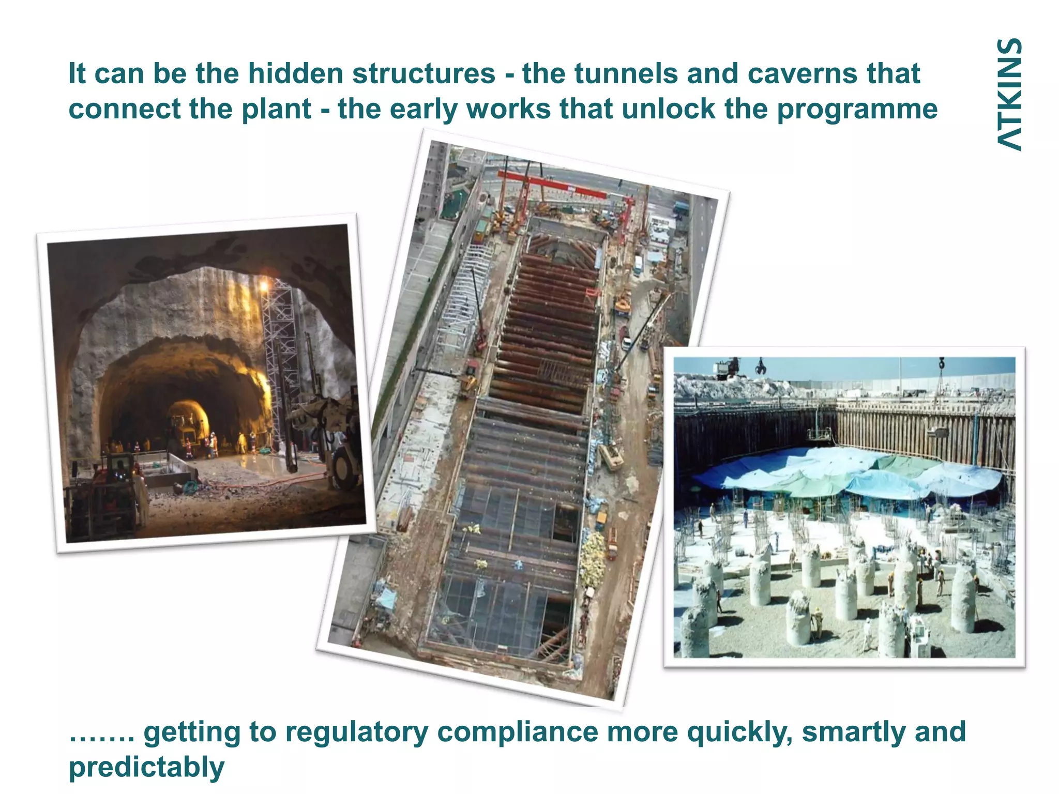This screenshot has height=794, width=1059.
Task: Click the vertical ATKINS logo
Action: coord(1009,95)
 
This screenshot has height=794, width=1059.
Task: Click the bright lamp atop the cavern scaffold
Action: coord(264,284)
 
